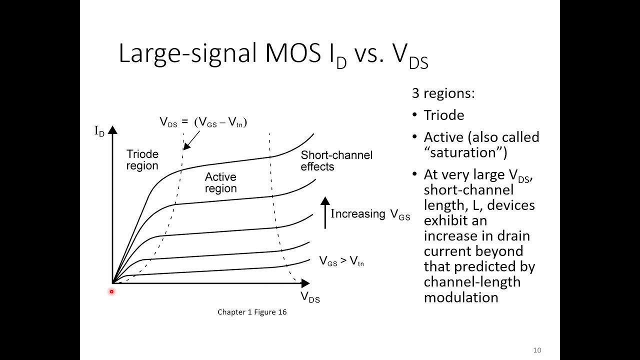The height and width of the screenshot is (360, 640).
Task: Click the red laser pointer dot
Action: [111, 291]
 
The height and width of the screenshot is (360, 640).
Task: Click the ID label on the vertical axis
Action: [99, 132]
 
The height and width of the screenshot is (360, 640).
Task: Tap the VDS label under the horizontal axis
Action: [310, 297]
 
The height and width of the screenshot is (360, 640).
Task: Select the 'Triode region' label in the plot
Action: [142, 160]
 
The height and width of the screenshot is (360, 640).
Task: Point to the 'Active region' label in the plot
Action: [220, 182]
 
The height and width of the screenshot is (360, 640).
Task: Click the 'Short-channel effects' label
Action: [336, 160]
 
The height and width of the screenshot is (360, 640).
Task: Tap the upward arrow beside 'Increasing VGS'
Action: [325, 212]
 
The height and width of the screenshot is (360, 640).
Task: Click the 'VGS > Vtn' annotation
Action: [341, 260]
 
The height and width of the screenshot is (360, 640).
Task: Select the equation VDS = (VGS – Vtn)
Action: [203, 122]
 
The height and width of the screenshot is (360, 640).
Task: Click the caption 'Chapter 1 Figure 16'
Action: [252, 312]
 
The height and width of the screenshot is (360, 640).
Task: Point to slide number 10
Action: [537, 350]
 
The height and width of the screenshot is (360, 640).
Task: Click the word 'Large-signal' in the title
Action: [188, 54]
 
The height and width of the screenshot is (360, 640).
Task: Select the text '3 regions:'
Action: [443, 93]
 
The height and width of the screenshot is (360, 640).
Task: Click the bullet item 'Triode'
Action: [444, 115]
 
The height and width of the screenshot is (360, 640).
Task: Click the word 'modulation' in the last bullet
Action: [460, 297]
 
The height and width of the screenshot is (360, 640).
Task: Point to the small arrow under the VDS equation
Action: [187, 144]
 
